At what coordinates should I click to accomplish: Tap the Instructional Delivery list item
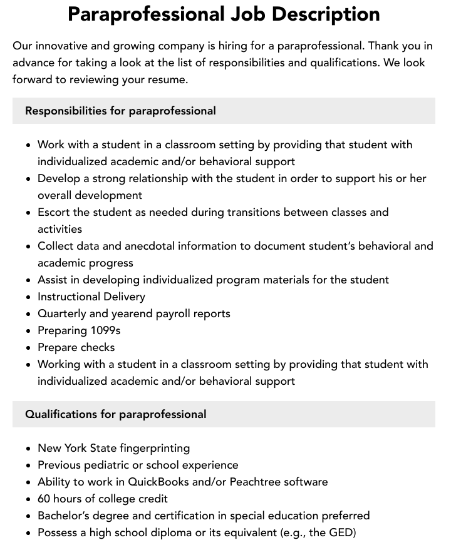(91, 297)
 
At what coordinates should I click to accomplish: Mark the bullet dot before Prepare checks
(28, 348)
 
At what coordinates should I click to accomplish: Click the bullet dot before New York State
(28, 449)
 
